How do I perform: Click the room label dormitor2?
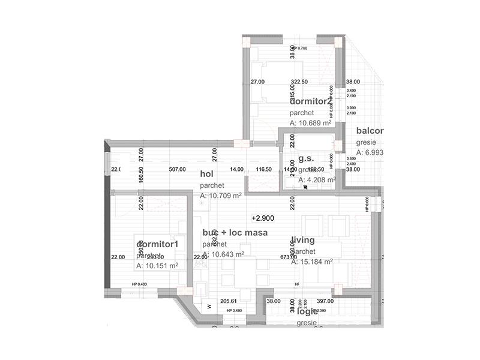coord(310,101)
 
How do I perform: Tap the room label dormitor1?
coord(158,244)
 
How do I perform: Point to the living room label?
coord(303,240)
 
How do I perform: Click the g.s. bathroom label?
coord(306,159)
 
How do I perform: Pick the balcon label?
coord(369,131)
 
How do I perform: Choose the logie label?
coord(307,311)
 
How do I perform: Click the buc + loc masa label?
coord(235,232)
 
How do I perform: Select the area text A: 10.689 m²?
coord(311,123)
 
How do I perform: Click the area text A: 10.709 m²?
coord(221,196)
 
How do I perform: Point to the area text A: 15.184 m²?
coord(312,262)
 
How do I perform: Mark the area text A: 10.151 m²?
coord(157,266)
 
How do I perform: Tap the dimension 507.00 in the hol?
coord(177,169)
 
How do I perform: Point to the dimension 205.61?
coord(229,301)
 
